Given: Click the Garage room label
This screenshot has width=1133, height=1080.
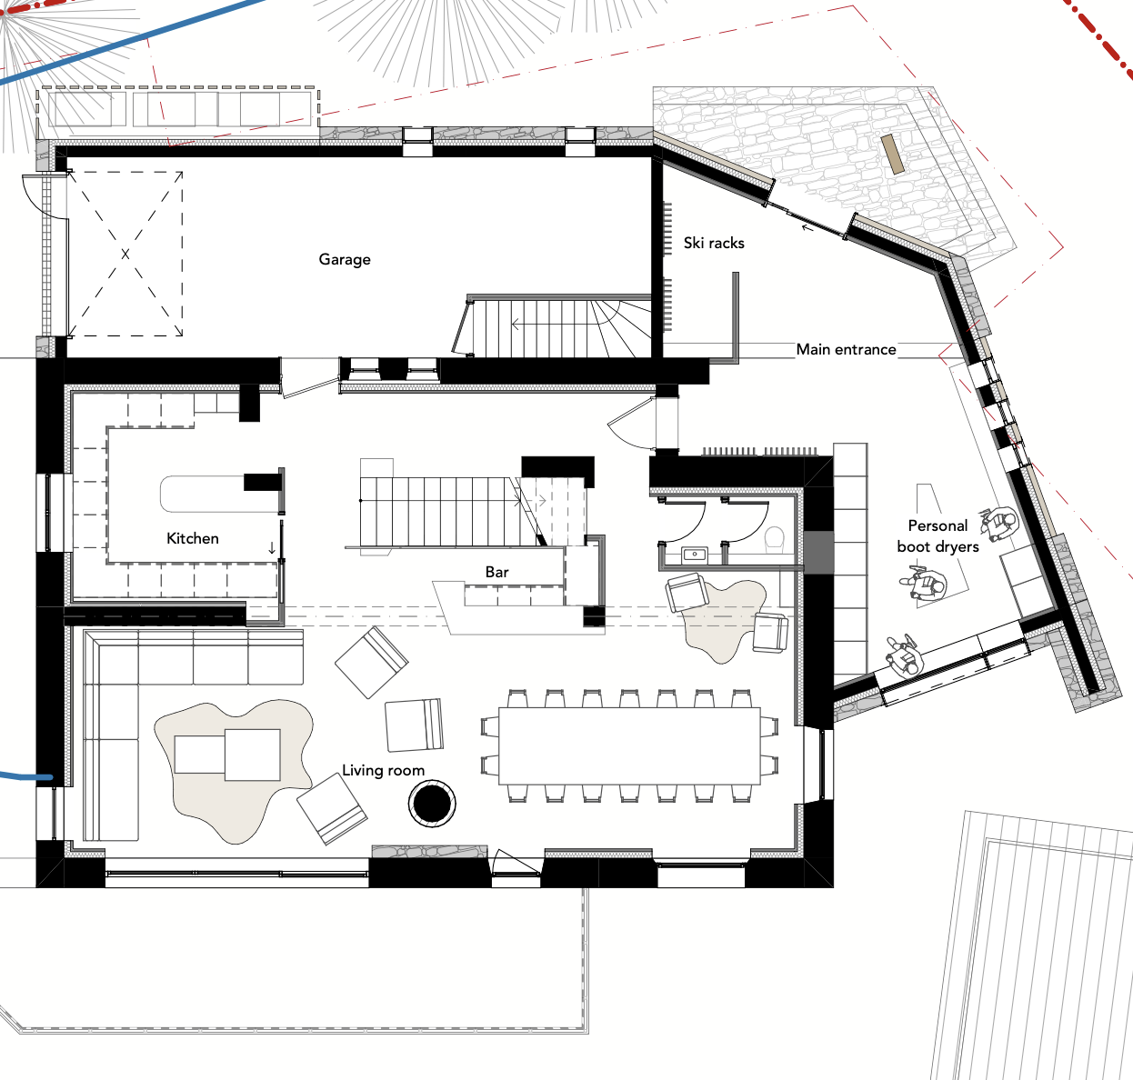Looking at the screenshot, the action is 345,260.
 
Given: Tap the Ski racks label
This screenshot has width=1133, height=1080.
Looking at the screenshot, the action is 714,244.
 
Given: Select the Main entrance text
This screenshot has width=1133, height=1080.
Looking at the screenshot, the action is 846,349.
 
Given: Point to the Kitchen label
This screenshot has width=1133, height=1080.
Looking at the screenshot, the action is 193,538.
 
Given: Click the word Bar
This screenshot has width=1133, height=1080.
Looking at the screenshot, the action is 496,572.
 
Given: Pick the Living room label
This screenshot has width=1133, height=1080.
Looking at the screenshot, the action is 383,771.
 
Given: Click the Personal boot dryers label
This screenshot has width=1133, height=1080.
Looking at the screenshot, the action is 937,536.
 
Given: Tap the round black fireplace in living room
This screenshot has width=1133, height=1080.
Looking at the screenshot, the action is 432,803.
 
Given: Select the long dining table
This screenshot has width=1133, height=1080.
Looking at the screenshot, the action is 629,745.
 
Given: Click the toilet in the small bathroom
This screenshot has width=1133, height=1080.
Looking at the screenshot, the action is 775,540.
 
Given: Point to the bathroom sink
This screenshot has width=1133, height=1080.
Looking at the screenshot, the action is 695,555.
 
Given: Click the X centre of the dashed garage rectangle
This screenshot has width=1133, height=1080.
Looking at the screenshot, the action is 125,254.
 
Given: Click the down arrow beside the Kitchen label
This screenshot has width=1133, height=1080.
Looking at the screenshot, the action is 272,547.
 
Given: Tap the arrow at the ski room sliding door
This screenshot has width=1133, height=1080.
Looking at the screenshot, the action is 808,228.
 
